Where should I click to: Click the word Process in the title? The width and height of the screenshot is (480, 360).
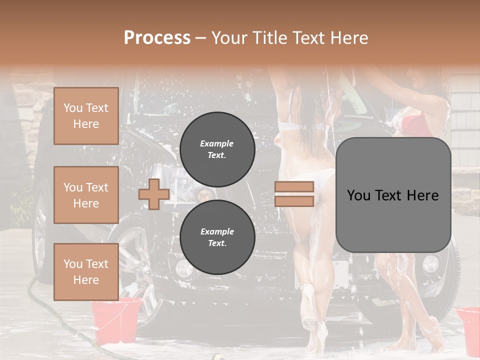pyautogui.click(x=157, y=38)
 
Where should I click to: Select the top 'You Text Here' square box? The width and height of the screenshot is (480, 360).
pyautogui.click(x=86, y=116)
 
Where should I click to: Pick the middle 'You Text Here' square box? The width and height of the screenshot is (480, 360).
pyautogui.click(x=86, y=195)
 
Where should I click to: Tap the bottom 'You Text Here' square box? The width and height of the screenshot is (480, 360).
pyautogui.click(x=86, y=271)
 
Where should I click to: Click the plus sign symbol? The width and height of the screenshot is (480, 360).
pyautogui.click(x=153, y=194)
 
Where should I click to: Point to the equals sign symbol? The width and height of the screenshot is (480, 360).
pyautogui.click(x=294, y=194)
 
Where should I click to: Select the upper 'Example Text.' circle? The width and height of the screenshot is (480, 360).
pyautogui.click(x=217, y=149)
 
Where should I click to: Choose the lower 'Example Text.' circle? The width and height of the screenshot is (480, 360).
pyautogui.click(x=217, y=237)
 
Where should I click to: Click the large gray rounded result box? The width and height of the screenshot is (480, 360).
pyautogui.click(x=393, y=195)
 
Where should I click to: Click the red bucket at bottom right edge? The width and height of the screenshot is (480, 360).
pyautogui.click(x=468, y=327)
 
